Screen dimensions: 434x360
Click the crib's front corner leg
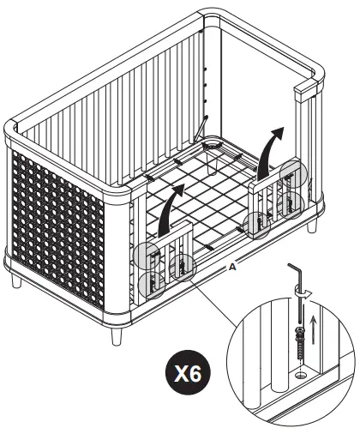coord(116,329)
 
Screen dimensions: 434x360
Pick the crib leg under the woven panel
coord(16,279)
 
